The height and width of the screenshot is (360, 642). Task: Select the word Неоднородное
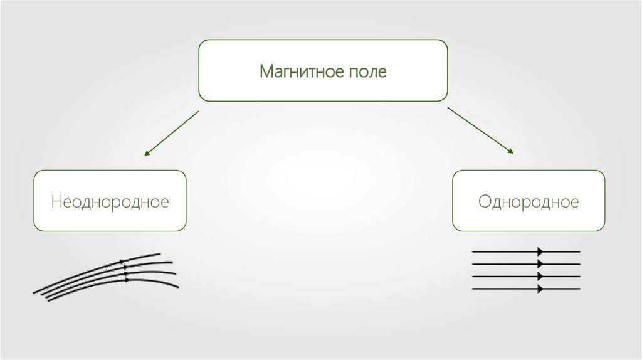(110, 202)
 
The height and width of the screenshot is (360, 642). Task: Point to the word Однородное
(529, 202)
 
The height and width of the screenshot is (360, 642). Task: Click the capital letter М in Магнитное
(266, 71)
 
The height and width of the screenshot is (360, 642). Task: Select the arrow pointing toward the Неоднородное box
(171, 133)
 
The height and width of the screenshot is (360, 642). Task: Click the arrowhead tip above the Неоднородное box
(145, 154)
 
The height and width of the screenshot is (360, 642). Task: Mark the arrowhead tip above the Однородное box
(513, 153)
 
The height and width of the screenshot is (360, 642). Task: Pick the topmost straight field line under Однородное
(502, 251)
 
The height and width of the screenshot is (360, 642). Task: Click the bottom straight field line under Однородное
(502, 289)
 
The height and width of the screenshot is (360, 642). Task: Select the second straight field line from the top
(502, 264)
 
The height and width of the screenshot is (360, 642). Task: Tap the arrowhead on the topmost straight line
(540, 251)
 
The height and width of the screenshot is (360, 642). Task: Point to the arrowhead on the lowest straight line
(540, 289)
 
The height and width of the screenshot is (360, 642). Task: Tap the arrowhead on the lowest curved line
(127, 280)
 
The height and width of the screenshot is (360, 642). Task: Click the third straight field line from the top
(502, 277)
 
